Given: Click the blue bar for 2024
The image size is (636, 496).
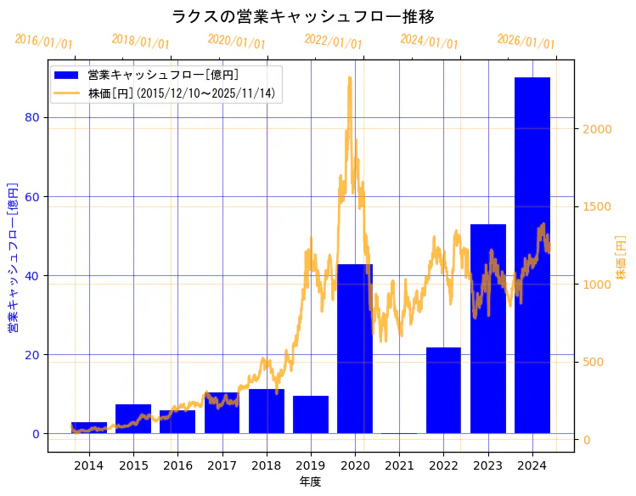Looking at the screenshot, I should [x=532, y=255].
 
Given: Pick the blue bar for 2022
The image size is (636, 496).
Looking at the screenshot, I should [x=443, y=390].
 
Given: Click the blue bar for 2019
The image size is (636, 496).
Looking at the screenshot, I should [x=310, y=414].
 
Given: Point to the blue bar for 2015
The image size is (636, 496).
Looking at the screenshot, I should [x=133, y=419].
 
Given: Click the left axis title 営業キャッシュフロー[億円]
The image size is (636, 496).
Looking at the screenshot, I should [x=13, y=256].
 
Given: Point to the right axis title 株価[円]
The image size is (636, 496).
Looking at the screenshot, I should [x=621, y=257].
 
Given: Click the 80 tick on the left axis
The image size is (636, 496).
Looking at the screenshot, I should [x=32, y=118].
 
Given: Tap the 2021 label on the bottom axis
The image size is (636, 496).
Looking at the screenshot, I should [x=399, y=465].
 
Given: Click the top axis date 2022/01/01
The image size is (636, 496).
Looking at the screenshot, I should [x=333, y=42].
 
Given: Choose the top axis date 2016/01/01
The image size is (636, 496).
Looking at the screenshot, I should [x=44, y=42].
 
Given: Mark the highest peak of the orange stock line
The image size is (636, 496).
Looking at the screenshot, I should [x=349, y=77].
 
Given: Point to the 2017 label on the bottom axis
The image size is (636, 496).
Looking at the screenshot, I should [x=222, y=465].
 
